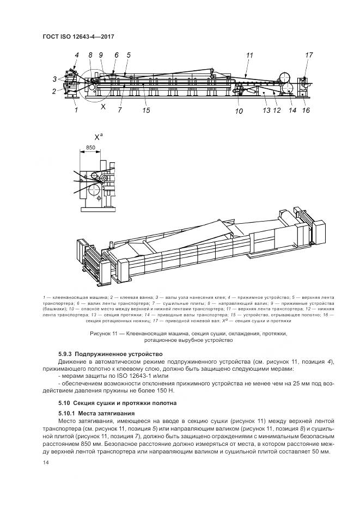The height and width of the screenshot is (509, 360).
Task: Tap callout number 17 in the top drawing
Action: [309, 55]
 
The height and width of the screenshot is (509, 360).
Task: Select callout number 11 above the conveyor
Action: [249, 55]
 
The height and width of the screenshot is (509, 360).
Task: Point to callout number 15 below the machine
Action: [146, 111]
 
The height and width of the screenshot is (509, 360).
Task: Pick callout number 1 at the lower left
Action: [76, 110]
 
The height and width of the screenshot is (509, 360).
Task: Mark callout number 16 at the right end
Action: [306, 111]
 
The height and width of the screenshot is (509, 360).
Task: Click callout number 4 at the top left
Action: [77, 55]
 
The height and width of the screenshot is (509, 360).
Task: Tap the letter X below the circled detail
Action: [103, 107]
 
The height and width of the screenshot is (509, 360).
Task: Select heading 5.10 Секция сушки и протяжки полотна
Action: [117, 403]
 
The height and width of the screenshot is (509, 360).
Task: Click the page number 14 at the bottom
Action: [46, 463]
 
